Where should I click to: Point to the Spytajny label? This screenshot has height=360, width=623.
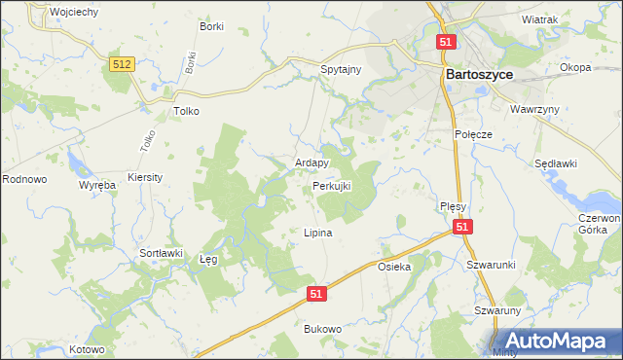click(341, 70)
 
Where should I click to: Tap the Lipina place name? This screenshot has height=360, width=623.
click(318, 234)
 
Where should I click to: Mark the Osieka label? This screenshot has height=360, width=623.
click(395, 266)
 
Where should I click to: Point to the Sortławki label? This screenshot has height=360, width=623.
click(162, 253)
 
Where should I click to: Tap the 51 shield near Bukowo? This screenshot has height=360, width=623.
click(315, 292)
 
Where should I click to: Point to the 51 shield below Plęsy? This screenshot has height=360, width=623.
click(462, 227)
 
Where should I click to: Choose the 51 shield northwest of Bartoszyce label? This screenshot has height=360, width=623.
click(446, 43)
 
